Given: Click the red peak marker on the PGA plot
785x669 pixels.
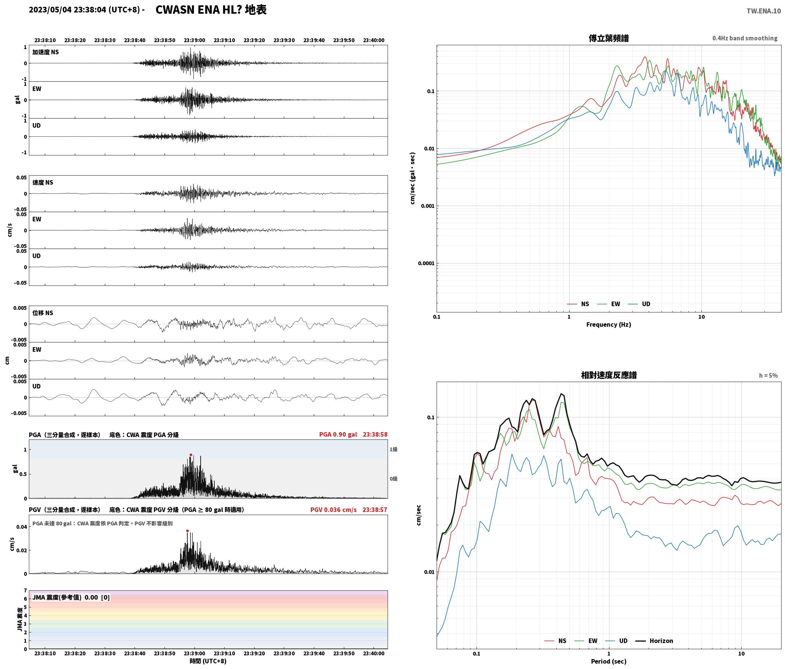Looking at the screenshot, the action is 191,455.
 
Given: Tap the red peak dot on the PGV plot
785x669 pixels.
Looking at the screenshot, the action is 187,531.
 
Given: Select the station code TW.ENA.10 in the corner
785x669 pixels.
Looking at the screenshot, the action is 764,11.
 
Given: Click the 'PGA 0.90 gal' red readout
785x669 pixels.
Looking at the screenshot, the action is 338,434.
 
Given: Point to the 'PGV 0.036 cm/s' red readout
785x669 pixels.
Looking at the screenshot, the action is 333,510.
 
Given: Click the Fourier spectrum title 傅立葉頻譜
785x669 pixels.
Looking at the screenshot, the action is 608,38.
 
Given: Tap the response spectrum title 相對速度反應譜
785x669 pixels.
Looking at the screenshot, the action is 609,375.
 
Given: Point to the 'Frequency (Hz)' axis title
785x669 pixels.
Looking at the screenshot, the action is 608,325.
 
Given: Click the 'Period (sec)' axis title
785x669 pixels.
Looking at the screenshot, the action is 608,661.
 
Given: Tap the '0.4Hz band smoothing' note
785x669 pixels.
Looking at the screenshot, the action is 745,38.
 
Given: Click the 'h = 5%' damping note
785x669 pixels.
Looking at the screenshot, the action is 768,376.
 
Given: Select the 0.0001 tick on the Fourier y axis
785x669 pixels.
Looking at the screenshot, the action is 426,263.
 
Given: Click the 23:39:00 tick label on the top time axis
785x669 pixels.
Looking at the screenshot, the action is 194,40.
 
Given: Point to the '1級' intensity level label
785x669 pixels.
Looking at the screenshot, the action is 393,450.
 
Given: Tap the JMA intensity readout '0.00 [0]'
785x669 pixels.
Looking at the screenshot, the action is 97,598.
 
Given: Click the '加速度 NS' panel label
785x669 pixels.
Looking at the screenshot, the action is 46,52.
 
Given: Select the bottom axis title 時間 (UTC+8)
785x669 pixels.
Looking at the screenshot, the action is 208,661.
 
